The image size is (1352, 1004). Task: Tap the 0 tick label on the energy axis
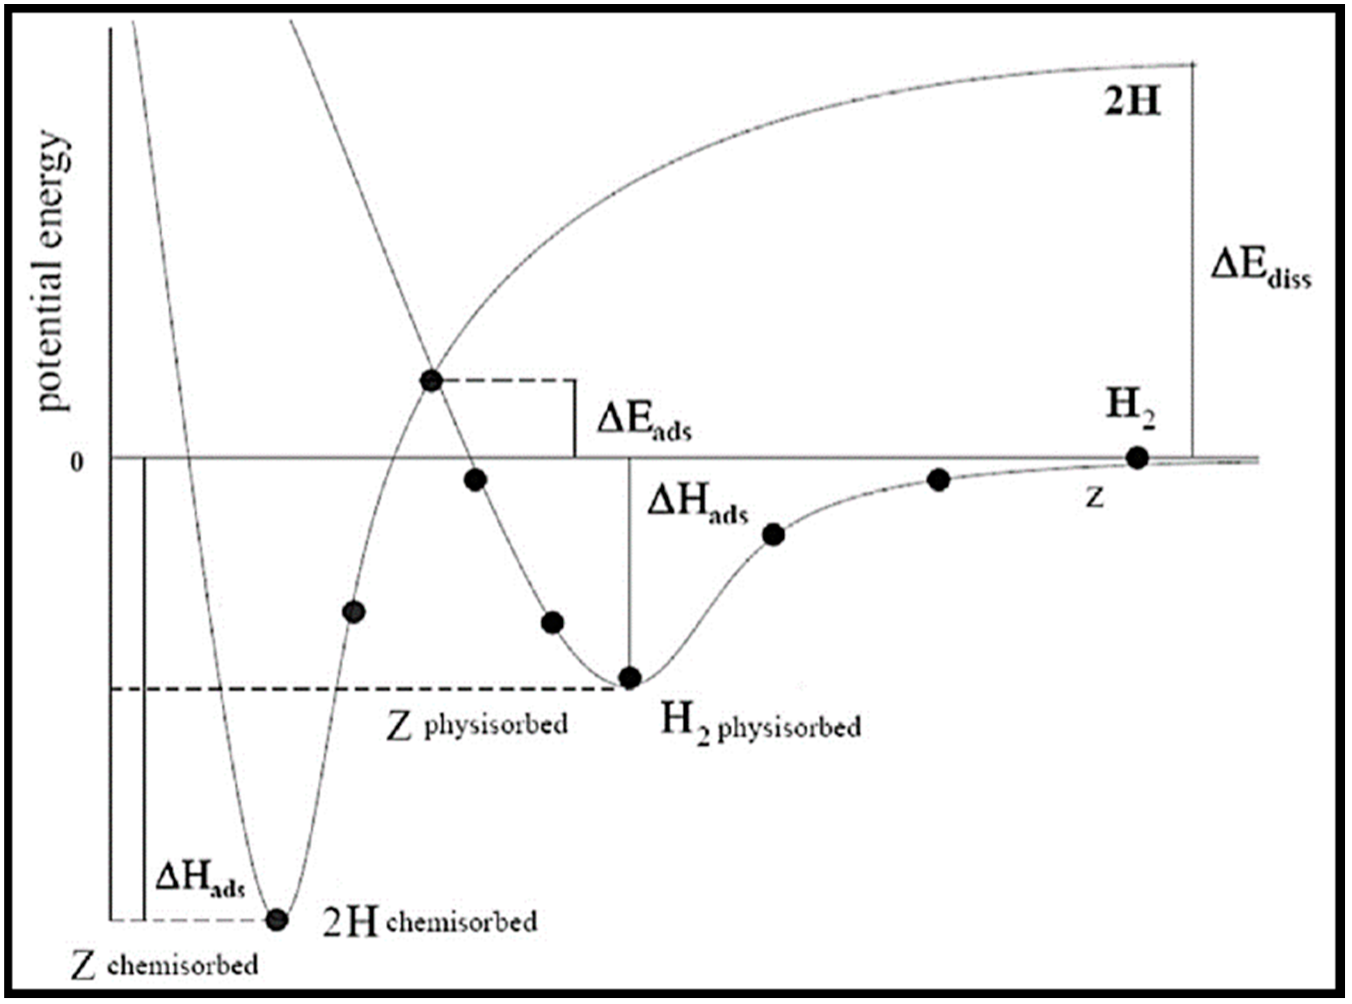pyautogui.click(x=76, y=463)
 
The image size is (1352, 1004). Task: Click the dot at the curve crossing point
pyautogui.click(x=431, y=381)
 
